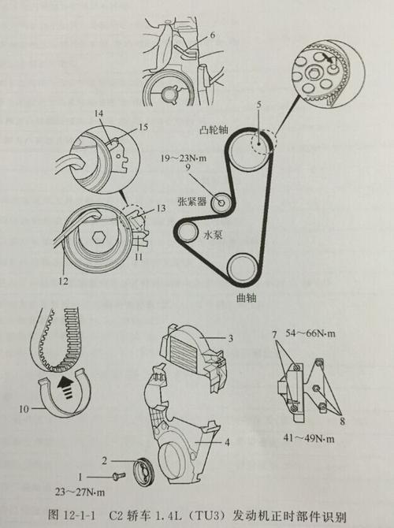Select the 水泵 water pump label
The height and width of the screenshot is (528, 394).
coord(214,234)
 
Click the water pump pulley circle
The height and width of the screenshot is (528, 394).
coord(189,232)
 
